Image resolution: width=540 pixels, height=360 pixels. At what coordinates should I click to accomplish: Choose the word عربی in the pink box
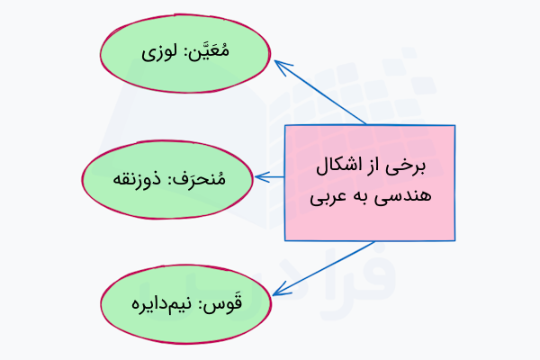coord(328,195)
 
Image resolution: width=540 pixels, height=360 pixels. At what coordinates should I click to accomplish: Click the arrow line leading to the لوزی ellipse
coord(324,94)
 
